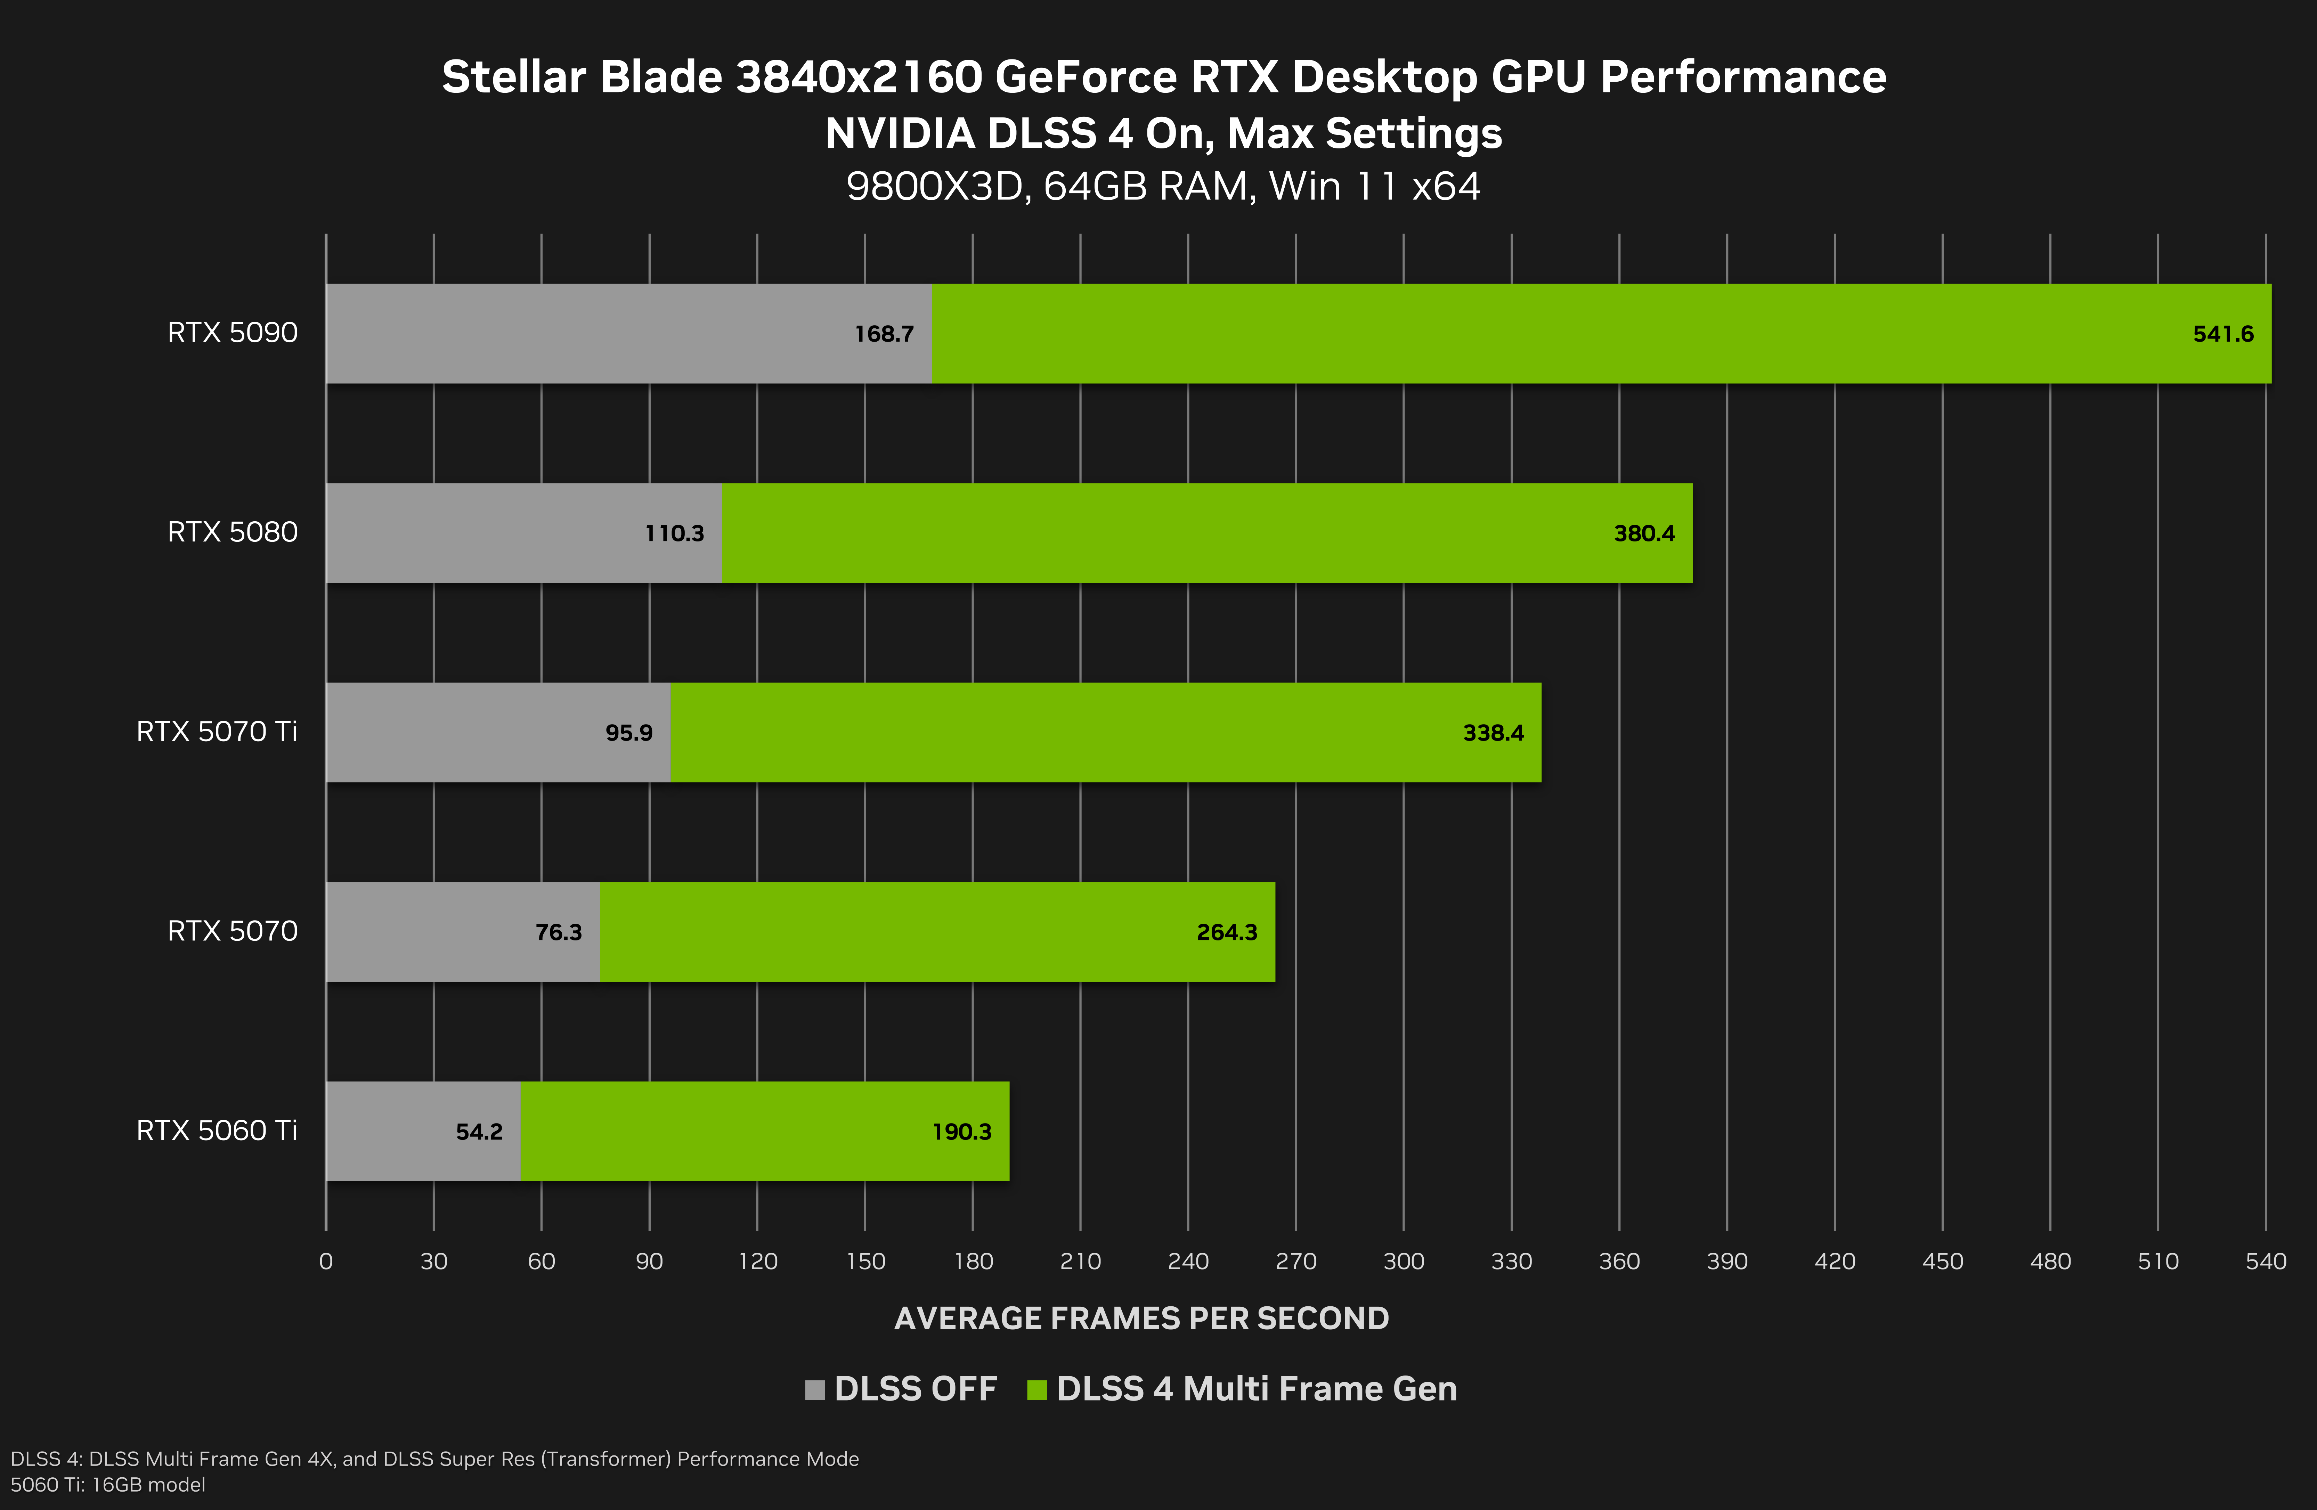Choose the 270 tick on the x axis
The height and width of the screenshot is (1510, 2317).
[1296, 1262]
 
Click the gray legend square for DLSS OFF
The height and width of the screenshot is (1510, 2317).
[815, 1389]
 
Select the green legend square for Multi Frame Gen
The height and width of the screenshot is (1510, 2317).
[1037, 1389]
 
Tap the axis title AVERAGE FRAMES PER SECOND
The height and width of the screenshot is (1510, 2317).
[1141, 1318]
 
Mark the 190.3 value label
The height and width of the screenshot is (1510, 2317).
[962, 1131]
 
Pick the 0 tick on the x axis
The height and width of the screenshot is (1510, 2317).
[326, 1262]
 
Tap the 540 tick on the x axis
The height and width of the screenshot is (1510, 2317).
[2266, 1262]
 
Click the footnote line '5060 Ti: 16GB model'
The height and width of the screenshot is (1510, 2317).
[108, 1485]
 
